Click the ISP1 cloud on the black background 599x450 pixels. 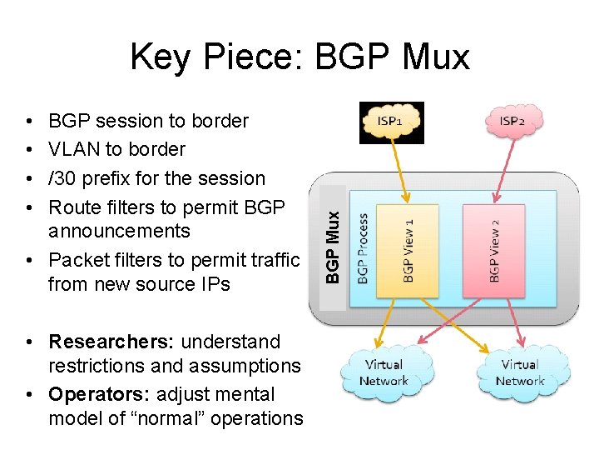[391, 122]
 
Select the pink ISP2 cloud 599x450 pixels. [512, 121]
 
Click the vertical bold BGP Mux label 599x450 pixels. [333, 246]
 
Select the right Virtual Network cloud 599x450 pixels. [520, 372]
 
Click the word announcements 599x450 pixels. [119, 231]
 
